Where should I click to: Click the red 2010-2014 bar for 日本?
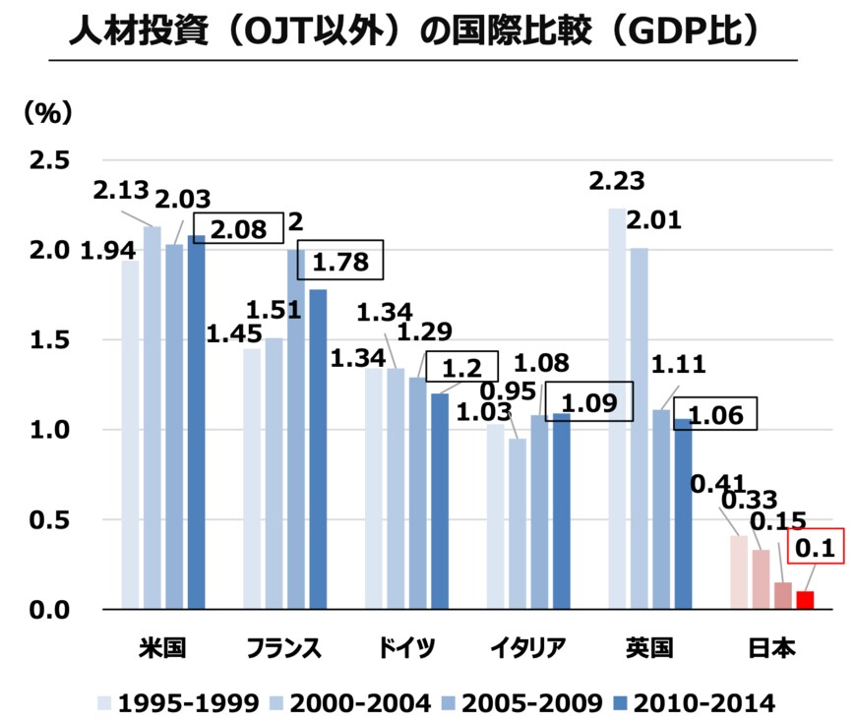click(x=805, y=600)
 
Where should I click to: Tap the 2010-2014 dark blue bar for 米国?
click(x=196, y=423)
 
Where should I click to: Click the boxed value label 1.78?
click(x=340, y=263)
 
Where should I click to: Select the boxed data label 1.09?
click(x=587, y=402)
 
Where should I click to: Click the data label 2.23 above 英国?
click(x=616, y=182)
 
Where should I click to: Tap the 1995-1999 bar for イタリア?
click(x=495, y=516)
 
